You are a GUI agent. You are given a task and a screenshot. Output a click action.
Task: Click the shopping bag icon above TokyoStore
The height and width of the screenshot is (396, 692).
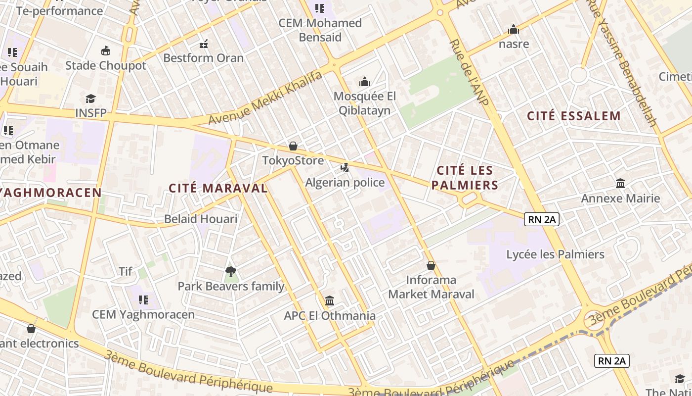(293, 146)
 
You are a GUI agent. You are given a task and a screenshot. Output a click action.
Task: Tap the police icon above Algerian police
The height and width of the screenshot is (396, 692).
(345, 168)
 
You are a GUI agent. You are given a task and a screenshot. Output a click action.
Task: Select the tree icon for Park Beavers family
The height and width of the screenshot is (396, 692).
(230, 271)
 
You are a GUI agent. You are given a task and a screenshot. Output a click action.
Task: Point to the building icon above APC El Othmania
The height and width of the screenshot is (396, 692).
(330, 301)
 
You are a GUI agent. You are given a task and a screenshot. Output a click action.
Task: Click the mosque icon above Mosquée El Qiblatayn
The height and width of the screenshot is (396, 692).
(365, 82)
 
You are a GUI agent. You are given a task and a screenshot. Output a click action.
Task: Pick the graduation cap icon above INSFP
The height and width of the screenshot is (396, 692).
(90, 99)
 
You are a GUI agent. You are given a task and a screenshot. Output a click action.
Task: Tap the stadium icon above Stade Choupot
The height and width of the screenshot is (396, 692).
(105, 51)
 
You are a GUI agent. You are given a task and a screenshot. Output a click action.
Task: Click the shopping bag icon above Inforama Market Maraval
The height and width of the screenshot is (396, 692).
(431, 266)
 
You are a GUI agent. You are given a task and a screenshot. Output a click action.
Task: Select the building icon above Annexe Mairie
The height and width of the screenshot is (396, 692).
(620, 184)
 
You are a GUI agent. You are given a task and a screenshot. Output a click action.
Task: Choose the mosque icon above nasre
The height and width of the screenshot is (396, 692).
(514, 30)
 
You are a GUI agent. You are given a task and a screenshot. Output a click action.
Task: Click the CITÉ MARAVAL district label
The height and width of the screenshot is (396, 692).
(218, 188)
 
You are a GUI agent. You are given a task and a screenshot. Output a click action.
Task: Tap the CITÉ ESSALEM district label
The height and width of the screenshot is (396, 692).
(573, 116)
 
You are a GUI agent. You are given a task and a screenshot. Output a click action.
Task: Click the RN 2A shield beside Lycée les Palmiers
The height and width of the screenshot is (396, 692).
(541, 219)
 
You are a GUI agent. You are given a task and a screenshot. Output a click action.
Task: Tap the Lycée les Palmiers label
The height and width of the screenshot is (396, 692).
(555, 254)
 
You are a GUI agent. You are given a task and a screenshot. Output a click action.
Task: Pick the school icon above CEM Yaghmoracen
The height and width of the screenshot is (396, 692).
(143, 299)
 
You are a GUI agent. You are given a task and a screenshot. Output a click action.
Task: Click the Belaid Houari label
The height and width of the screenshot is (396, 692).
(201, 219)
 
